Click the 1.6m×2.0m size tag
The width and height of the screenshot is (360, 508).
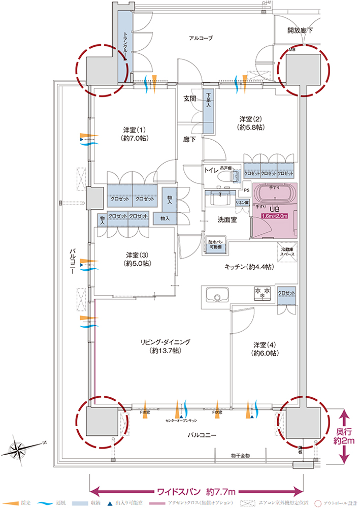point(275,216)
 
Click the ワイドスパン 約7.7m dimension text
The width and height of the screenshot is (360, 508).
point(195,492)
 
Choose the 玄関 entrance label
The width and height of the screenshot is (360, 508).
point(190,99)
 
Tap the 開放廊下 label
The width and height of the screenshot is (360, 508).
point(300,30)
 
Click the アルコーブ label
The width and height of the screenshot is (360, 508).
point(201,38)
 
